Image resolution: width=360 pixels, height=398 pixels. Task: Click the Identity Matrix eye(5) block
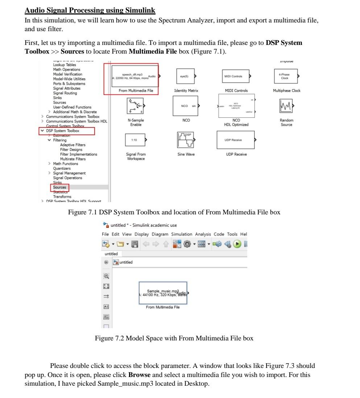tap(185, 76)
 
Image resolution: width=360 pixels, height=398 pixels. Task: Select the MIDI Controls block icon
tap(235, 76)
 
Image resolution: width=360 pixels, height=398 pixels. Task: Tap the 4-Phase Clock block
tap(285, 76)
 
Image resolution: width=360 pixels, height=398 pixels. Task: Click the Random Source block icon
tap(286, 106)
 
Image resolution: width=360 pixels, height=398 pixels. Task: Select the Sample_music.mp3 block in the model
tap(163, 293)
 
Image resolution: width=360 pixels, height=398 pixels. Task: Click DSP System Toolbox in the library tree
tap(63, 131)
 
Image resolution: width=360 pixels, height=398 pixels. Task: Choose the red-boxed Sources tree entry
tap(59, 188)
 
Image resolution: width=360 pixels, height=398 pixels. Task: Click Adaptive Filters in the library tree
tap(73, 145)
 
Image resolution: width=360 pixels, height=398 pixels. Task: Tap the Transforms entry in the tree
tap(62, 197)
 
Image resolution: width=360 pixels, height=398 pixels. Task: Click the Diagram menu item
tap(160, 234)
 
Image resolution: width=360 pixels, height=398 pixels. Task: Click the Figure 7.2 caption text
tap(174, 338)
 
